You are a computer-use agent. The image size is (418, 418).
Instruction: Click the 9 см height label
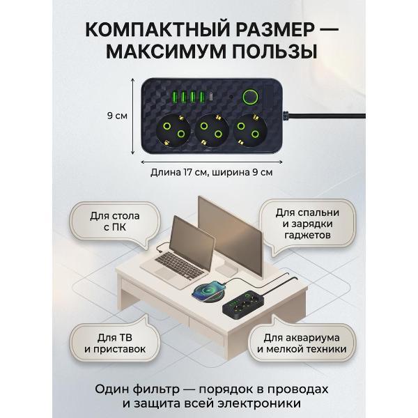pos(116,116)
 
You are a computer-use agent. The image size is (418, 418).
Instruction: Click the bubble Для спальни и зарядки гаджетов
pos(307,224)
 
